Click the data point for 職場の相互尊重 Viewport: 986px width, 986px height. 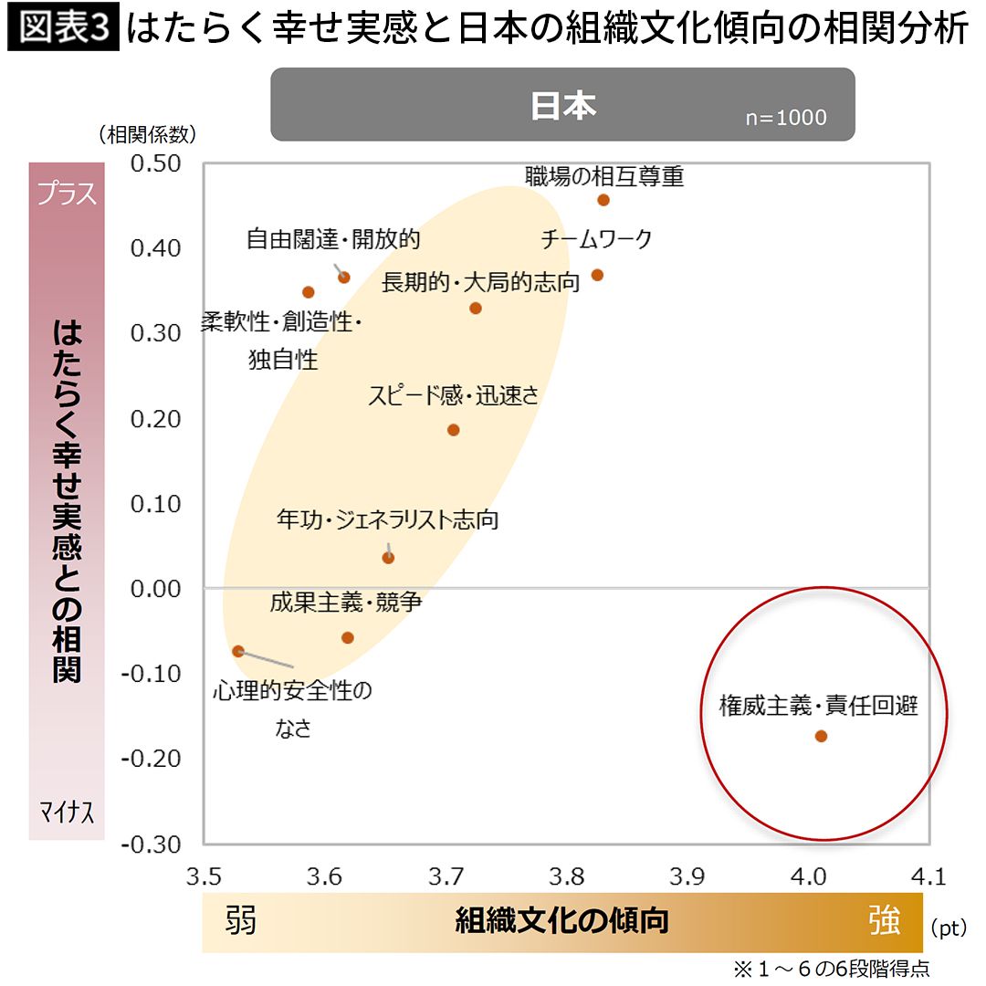603,200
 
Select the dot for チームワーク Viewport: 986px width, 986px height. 597,275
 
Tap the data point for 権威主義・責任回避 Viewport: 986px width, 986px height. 821,736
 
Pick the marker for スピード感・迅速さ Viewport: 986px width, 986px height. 454,430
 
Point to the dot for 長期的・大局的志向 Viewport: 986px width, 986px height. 476,309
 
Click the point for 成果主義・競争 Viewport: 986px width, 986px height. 348,637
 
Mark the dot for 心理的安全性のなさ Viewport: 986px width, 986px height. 238,651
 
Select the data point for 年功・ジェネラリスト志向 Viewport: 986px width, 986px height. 389,557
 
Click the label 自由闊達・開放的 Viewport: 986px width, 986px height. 333,239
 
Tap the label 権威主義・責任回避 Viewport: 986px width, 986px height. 818,706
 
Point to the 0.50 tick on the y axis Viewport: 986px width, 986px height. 156,163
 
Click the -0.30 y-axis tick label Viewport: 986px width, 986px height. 152,844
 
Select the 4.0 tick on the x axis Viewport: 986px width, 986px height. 808,877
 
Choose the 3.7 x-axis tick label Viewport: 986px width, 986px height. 446,877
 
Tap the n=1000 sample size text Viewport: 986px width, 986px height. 785,117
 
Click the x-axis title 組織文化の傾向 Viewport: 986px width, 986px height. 561,921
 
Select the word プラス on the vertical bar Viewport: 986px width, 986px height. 67,194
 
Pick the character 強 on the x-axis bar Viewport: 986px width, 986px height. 885,921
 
